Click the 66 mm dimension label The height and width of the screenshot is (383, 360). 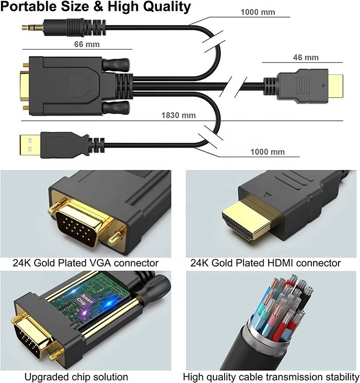[87, 45]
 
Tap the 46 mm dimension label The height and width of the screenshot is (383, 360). [306, 58]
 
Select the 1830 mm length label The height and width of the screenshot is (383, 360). [179, 115]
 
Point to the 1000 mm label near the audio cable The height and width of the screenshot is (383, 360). [258, 12]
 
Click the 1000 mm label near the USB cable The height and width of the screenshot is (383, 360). [267, 152]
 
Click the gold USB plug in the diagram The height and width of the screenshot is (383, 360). [30, 145]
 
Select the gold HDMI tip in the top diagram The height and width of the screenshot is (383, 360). [335, 86]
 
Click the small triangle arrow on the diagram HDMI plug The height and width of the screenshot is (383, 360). [324, 86]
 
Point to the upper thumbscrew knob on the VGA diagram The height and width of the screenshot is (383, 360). [116, 64]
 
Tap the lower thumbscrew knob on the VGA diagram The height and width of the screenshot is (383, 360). [116, 108]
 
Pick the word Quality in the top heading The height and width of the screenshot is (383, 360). [167, 7]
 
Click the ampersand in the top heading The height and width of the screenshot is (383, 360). [99, 7]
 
